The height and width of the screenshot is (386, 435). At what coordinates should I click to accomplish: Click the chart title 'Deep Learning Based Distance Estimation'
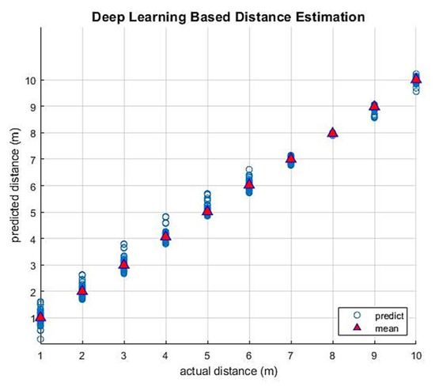tap(228, 16)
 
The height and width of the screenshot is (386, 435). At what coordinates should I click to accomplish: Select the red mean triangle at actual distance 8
tap(333, 133)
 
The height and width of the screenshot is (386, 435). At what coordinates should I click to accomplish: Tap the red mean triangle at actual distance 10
tap(416, 79)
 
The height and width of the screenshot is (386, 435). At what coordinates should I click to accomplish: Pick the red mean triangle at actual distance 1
tap(40, 317)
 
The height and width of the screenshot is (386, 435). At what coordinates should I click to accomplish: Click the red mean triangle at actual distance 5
tap(207, 211)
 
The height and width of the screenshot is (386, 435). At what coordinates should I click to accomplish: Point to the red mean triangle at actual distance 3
tap(124, 264)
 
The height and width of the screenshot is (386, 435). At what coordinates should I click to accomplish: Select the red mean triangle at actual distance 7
tap(291, 158)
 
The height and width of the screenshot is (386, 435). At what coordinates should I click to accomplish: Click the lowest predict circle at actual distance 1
tap(40, 339)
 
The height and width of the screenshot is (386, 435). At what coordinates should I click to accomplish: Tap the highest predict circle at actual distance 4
tap(166, 217)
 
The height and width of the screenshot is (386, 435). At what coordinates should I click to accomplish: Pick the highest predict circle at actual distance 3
tap(124, 244)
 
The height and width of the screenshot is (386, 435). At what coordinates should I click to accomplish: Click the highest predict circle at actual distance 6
tap(249, 170)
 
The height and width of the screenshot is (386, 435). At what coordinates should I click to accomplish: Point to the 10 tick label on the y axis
tap(28, 80)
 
